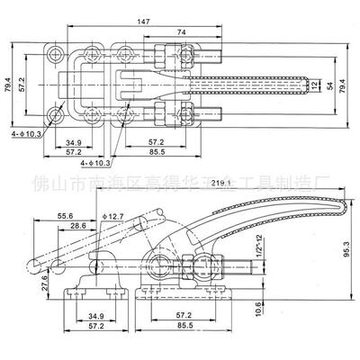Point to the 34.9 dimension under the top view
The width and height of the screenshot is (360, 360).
coord(76,141)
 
